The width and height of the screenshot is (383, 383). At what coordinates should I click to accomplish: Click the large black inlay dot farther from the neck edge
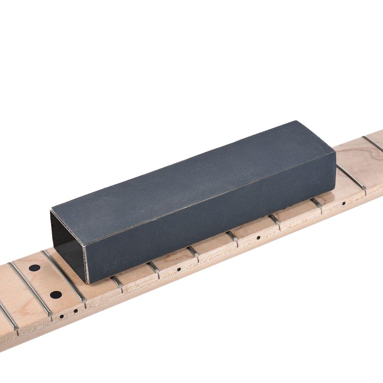point(34,268)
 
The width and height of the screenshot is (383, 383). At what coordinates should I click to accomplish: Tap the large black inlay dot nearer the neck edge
point(56,295)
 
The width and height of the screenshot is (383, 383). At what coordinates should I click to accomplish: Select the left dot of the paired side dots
point(62,316)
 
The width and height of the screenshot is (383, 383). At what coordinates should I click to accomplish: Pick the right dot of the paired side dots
point(75,311)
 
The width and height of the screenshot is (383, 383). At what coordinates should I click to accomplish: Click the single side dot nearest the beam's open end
point(179,269)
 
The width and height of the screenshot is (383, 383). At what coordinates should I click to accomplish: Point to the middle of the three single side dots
point(259,237)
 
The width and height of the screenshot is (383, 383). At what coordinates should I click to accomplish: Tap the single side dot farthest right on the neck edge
point(344,203)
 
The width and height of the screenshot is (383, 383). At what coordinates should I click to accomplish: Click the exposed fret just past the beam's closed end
point(350,176)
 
